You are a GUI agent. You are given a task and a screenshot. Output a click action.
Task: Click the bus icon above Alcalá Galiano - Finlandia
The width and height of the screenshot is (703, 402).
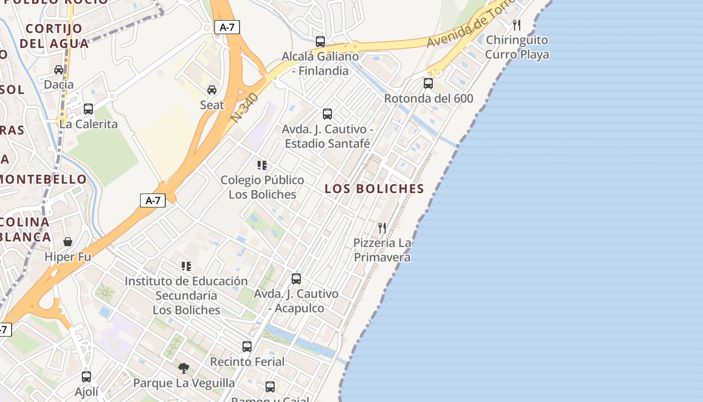click(320, 41)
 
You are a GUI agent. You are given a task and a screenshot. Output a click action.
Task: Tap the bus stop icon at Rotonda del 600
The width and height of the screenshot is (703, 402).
click(428, 83)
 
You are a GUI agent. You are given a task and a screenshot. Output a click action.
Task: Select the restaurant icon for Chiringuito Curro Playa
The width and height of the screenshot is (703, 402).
click(517, 25)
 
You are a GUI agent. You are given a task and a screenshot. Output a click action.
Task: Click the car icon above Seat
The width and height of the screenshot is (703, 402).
click(212, 90)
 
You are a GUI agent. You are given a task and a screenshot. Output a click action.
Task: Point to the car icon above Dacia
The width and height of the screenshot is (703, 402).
click(59, 69)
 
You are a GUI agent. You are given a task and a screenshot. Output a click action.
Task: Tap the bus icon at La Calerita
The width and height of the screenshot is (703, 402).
click(88, 109)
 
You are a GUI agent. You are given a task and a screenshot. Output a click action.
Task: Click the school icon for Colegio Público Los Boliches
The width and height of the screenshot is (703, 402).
click(262, 165)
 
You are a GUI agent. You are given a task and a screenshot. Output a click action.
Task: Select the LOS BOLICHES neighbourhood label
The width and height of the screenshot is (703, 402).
click(374, 189)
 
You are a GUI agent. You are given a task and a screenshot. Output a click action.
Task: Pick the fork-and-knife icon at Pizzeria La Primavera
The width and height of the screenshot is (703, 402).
click(382, 228)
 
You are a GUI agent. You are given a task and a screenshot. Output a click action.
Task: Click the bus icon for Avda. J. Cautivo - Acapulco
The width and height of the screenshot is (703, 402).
click(296, 278)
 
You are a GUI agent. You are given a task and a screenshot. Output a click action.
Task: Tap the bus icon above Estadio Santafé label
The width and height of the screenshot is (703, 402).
click(327, 114)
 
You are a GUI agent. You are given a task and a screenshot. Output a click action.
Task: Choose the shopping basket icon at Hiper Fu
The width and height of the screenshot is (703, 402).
click(68, 242)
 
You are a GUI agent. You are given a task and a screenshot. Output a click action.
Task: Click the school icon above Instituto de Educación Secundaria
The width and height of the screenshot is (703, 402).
click(186, 266)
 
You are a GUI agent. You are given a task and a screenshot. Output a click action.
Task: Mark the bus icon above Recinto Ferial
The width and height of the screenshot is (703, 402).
click(247, 346)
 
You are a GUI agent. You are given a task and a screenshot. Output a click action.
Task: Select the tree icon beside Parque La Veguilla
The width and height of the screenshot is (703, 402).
click(184, 368)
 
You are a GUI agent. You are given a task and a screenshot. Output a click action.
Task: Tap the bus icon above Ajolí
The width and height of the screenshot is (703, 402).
click(86, 376)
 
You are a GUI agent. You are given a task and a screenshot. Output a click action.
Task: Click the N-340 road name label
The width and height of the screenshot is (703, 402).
click(245, 107)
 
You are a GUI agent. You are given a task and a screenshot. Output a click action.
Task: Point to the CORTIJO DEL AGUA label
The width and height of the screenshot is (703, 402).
click(54, 36)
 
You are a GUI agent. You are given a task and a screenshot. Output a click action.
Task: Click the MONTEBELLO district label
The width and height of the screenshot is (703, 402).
click(43, 179)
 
